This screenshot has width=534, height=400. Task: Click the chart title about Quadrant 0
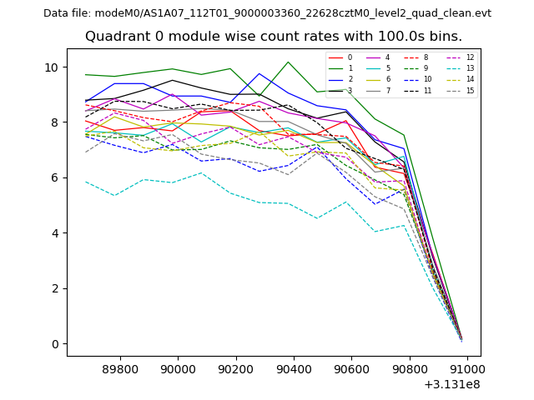[x=273, y=37]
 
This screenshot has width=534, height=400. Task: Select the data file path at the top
[x=267, y=13]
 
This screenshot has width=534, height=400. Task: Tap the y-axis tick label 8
[x=55, y=122]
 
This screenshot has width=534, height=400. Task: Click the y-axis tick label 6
[x=55, y=177]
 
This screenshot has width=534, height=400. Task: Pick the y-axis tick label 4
[x=55, y=233]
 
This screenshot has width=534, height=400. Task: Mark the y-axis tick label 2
[x=55, y=288]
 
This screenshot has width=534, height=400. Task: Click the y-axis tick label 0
[x=55, y=344]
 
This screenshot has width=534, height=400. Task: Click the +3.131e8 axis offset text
[x=452, y=384]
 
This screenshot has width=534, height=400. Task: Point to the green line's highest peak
[x=288, y=62]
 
